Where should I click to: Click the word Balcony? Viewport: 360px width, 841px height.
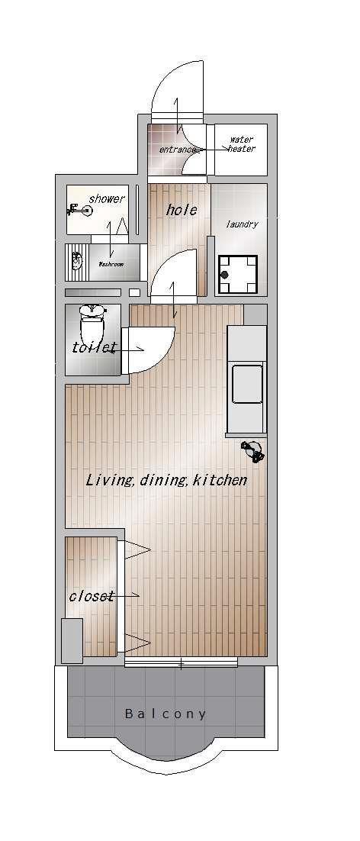(165, 714)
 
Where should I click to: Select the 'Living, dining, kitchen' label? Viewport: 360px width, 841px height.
(166, 480)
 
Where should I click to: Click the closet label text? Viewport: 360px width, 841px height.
(91, 596)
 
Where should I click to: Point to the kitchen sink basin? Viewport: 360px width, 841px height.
(247, 384)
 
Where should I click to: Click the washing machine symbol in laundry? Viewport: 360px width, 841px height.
(238, 274)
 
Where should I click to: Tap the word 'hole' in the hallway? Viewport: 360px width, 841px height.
(182, 210)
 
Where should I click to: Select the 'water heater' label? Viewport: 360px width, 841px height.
(241, 144)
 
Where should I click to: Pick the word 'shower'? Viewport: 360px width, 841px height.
(107, 199)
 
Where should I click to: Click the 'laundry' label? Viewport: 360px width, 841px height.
(242, 224)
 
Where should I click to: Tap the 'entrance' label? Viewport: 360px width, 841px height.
(176, 150)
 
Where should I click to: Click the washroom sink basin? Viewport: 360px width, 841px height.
(77, 262)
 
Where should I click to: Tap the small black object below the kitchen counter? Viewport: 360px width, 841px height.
(252, 450)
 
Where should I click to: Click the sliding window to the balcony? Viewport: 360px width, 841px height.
(181, 663)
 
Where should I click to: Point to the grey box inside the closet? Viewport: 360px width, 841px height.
(72, 640)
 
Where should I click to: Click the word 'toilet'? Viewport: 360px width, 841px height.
(94, 347)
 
